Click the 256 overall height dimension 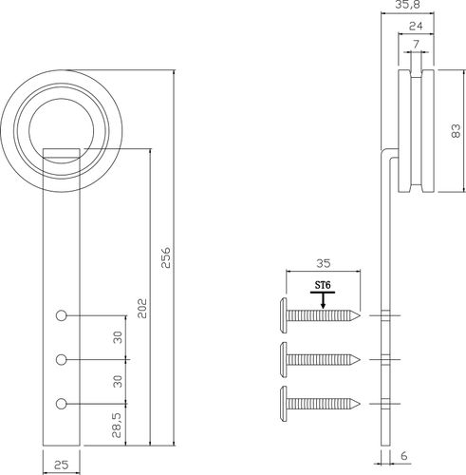(166, 257)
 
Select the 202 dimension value (142, 308)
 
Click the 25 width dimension (61, 465)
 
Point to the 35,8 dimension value (407, 5)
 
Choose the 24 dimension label (416, 26)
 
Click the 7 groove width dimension (416, 44)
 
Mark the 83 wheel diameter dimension (456, 131)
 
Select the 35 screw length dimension (323, 263)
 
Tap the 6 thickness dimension (404, 456)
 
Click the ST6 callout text (323, 285)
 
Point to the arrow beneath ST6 (323, 300)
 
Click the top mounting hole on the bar (61, 315)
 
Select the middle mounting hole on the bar (61, 360)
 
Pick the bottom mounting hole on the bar (61, 404)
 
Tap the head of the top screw (284, 315)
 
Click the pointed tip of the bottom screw (360, 404)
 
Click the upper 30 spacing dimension (118, 337)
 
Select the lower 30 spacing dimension (118, 381)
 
